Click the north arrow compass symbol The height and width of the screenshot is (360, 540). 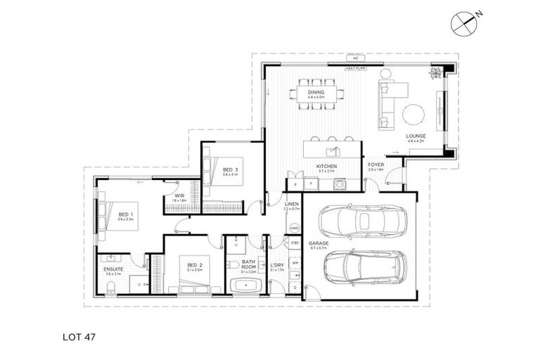tap(465, 22)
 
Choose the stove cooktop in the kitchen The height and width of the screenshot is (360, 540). tap(340, 186)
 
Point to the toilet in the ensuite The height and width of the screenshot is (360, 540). tap(112, 285)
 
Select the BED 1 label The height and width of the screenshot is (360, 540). tap(127, 214)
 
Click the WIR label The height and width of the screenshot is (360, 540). tap(179, 196)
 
